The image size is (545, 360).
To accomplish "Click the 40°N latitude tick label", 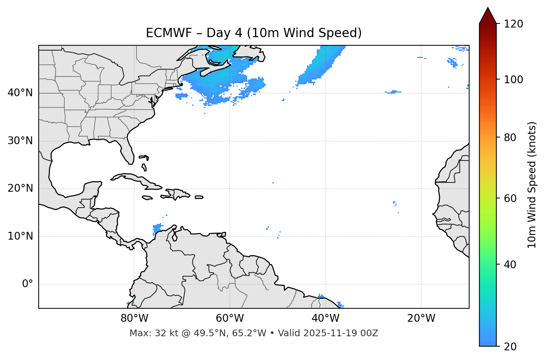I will pos(20,93).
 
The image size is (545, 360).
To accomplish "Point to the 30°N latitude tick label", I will pos(20,141).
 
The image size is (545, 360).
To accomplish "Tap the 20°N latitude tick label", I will pos(20,188).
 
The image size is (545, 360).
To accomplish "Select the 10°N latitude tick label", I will pos(20,236).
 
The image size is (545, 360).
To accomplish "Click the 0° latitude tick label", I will pos(28,284).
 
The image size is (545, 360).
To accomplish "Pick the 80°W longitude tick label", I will pos(134,318).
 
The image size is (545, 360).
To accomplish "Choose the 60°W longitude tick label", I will pos(230,318).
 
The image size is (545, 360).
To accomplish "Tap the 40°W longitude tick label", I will pos(326,318).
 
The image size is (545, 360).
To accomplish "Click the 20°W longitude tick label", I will pos(421,318).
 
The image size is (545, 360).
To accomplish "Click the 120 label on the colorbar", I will pos(513,24).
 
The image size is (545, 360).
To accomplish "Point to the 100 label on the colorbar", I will pos(513,80).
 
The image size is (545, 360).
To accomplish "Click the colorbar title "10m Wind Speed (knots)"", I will pos(532,185).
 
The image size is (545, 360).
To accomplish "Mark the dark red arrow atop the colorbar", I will pos(488,16).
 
